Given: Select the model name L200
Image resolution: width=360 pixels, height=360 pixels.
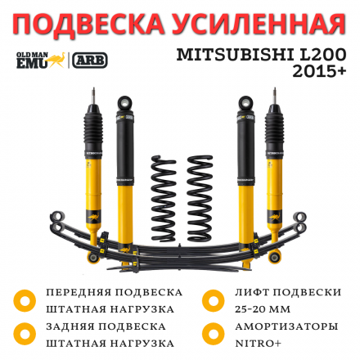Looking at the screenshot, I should pyautogui.click(x=322, y=55).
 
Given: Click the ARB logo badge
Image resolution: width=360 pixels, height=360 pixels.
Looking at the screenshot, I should pyautogui.click(x=90, y=60).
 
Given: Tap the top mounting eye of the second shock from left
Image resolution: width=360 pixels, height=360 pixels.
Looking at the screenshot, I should pyautogui.click(x=124, y=104).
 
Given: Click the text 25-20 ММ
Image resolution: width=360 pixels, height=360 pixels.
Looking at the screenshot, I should pyautogui.click(x=263, y=308).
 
